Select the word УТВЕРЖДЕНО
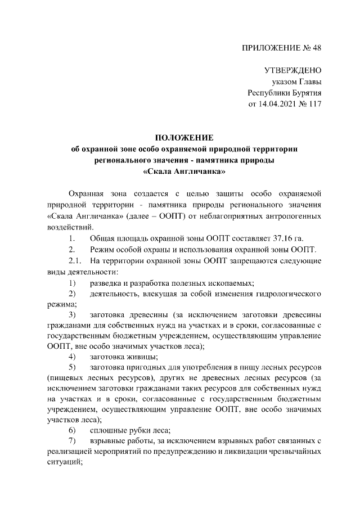click(x=292, y=71)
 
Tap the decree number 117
click(x=314, y=104)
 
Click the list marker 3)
click(x=73, y=314)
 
